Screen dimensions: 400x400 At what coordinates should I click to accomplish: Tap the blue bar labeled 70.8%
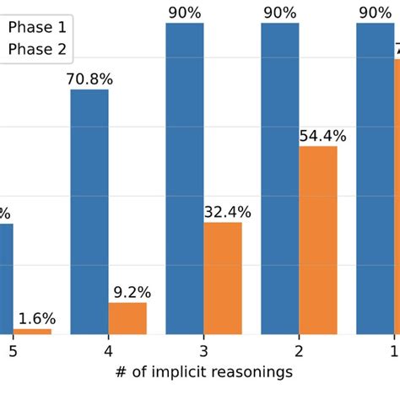click(89, 211)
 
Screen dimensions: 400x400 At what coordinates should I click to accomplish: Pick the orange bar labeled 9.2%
click(127, 318)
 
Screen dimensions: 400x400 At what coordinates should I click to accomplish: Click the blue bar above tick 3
click(185, 178)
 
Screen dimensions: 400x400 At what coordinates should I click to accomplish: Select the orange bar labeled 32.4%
click(223, 278)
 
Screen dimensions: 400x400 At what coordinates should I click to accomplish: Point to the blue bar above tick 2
click(280, 178)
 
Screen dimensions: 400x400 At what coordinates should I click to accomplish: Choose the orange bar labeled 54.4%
click(318, 240)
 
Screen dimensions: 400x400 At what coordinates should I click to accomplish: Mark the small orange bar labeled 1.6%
click(32, 331)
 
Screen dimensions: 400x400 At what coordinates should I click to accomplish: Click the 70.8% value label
click(89, 79)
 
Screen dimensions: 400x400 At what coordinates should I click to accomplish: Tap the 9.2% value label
click(130, 292)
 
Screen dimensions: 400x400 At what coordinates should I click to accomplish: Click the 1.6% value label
click(36, 318)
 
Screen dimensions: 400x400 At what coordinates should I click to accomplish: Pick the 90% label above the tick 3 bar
click(185, 13)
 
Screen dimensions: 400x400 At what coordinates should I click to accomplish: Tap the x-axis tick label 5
click(13, 350)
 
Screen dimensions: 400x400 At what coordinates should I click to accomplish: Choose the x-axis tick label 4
click(108, 350)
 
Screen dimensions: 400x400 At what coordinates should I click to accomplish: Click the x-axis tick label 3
click(203, 350)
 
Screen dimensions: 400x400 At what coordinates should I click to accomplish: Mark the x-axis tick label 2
click(299, 350)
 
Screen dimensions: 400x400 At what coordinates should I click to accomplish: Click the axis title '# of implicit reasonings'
click(203, 372)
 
